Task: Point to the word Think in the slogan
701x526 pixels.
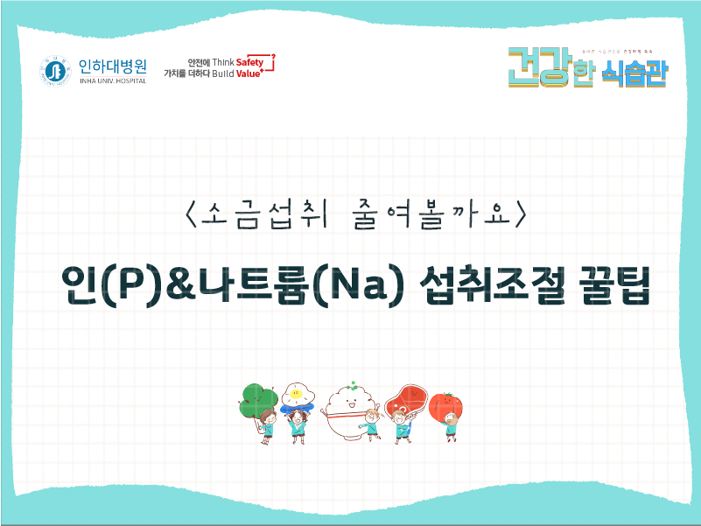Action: coord(223,62)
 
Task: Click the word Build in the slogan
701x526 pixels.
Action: coord(223,75)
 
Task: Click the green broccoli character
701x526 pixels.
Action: coord(258,399)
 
